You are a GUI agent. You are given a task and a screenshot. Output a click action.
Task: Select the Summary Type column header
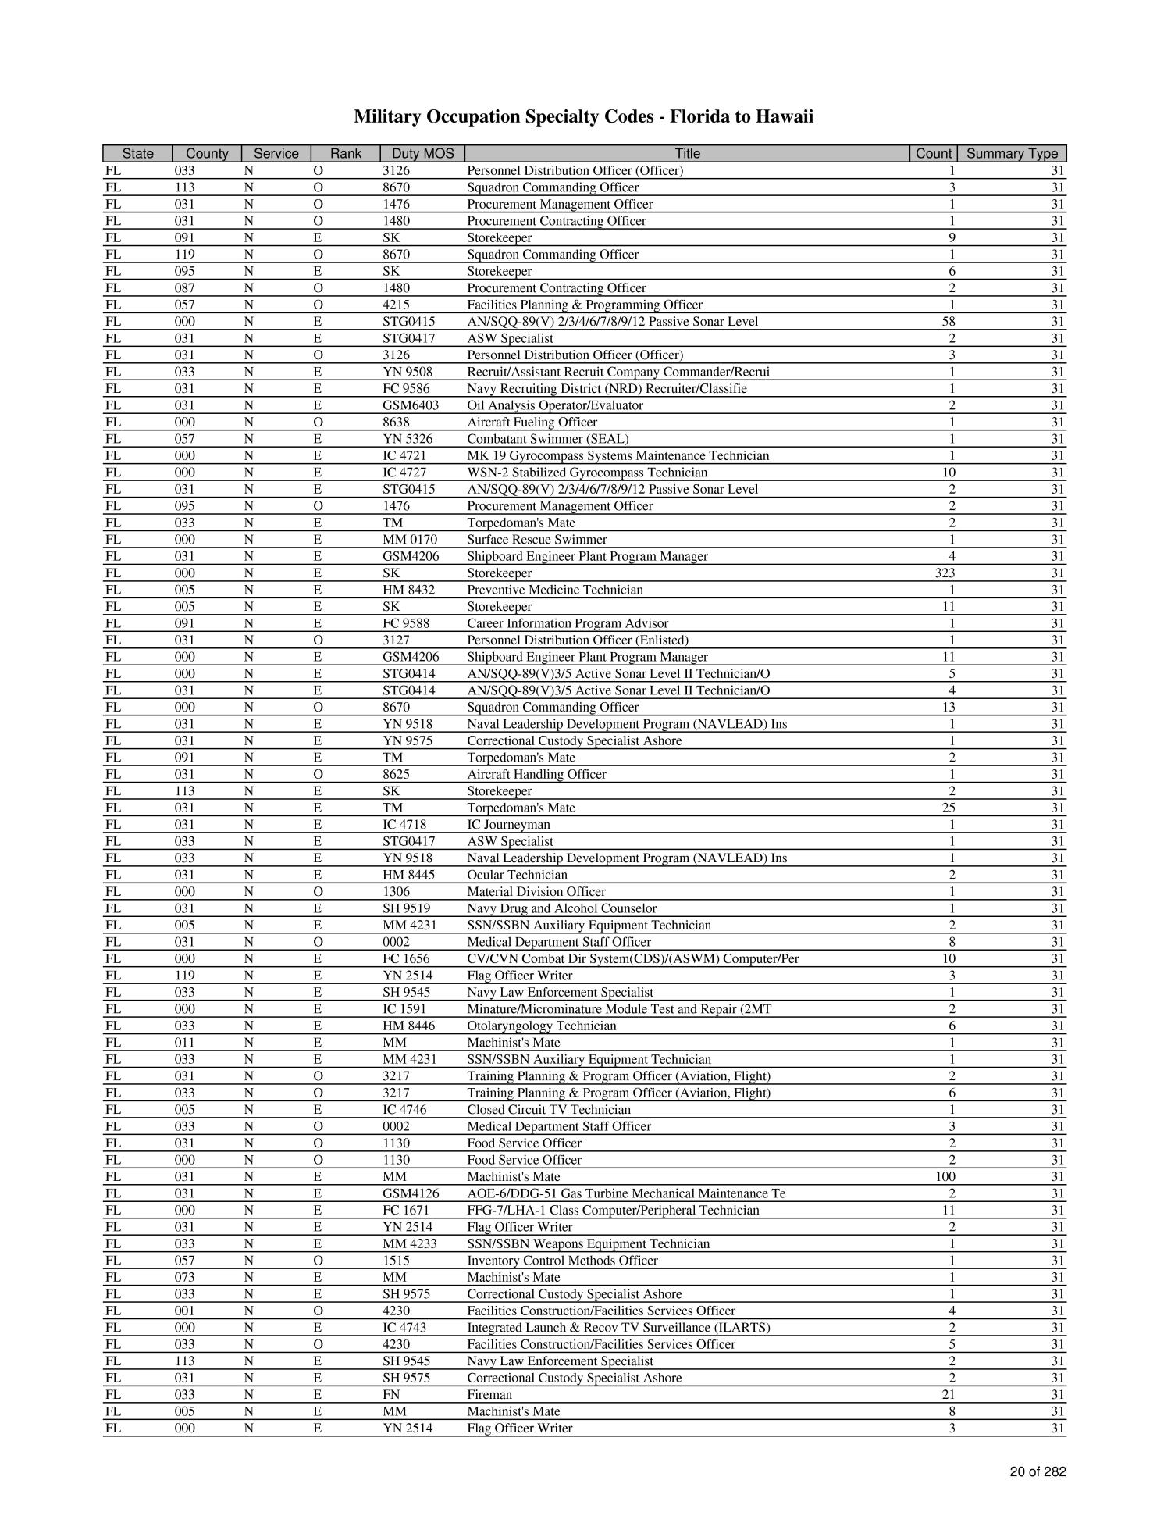[x=1012, y=154]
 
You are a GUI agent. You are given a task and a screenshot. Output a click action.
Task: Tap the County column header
[x=207, y=154]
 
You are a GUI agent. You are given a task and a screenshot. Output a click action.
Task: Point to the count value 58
[x=949, y=322]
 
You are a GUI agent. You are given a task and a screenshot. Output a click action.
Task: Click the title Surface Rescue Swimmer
[x=536, y=540]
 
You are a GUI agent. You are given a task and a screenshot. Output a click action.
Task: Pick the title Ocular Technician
[x=517, y=875]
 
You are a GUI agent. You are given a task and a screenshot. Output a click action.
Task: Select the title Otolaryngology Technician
[x=541, y=1026]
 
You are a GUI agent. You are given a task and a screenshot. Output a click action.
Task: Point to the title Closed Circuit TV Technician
[x=548, y=1110]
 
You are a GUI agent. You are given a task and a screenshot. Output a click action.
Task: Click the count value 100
[x=945, y=1177]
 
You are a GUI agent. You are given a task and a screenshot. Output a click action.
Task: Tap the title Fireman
[x=489, y=1395]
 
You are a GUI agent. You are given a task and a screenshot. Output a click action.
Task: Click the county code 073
[x=184, y=1278]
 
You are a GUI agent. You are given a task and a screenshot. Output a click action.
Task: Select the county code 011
[x=184, y=1043]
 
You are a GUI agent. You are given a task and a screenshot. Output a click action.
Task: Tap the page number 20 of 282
[x=1037, y=1472]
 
